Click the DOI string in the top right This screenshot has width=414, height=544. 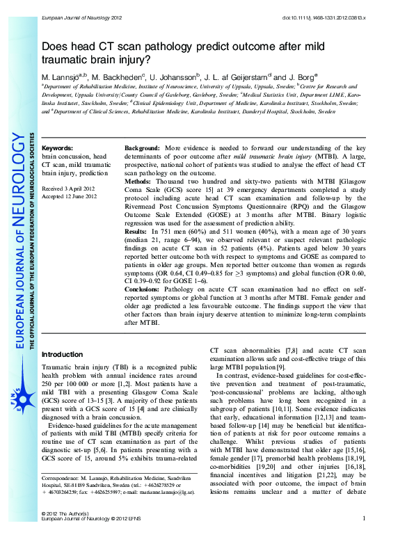coord(334,7)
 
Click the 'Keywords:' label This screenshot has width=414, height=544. coord(57,149)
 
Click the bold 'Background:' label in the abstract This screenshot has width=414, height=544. coord(143,149)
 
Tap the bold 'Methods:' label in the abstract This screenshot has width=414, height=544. coord(138,181)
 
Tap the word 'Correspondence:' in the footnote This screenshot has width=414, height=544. coord(61,479)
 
